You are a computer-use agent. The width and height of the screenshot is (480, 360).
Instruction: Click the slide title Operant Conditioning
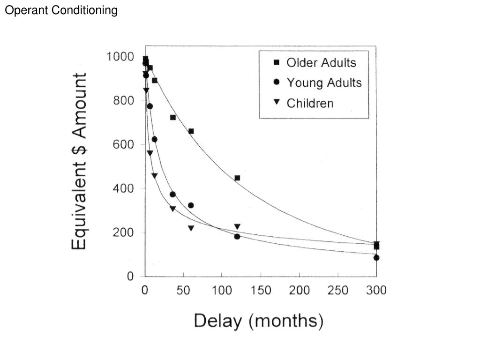pos(61,10)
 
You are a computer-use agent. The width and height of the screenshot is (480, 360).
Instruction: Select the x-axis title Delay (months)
pos(258,322)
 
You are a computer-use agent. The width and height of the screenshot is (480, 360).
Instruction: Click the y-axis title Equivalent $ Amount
pos(79,161)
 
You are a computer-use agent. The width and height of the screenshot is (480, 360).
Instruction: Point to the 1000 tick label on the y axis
pos(121,57)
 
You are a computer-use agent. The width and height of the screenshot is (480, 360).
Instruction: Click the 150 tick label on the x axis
pos(260,291)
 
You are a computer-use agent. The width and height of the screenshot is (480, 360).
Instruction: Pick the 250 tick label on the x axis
pos(337,291)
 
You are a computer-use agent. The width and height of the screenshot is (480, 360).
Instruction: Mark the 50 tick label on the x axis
pos(183,291)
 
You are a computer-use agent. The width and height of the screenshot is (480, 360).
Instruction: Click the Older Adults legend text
pos(321,62)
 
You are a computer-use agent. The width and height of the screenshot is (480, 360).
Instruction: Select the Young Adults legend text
pos(324,83)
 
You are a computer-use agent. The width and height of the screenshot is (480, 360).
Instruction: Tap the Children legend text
pos(310,103)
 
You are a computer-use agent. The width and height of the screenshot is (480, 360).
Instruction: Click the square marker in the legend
pos(277,62)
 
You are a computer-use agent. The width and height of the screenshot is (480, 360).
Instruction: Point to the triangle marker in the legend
pos(277,103)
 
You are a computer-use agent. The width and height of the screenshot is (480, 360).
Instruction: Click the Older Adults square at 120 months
pos(237,178)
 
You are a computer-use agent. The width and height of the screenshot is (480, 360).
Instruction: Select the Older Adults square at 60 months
pos(191,131)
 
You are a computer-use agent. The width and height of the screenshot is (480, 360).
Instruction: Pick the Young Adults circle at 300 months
pos(376,257)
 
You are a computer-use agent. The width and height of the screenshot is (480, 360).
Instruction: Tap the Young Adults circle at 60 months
pos(191,205)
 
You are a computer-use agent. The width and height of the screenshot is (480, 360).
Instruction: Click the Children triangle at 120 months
pos(237,227)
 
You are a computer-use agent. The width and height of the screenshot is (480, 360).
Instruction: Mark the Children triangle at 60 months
pos(191,228)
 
